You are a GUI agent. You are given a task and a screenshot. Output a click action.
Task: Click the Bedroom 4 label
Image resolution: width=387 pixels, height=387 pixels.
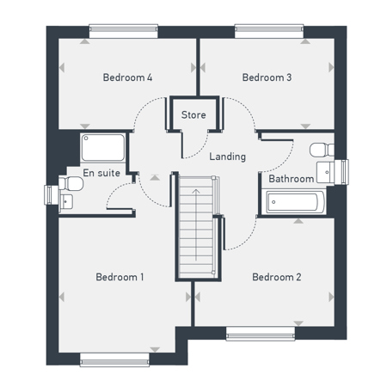[127, 77]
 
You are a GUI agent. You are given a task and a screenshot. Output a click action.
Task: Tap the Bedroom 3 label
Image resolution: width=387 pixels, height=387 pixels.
[267, 77]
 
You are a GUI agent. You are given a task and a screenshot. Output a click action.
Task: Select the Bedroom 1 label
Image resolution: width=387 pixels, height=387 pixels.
[120, 277]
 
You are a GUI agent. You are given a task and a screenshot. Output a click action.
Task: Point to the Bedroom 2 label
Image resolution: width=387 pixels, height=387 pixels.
[277, 277]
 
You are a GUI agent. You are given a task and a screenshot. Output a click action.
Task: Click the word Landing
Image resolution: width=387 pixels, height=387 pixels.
[228, 157]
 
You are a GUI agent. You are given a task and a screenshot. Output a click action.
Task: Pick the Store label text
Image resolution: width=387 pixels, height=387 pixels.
[193, 115]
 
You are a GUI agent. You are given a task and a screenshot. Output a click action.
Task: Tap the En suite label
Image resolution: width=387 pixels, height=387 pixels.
[101, 173]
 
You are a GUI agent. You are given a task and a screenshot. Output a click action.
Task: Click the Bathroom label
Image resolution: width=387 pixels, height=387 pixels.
[292, 179]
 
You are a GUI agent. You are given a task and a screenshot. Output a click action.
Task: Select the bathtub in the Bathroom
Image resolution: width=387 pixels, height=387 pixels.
[295, 202]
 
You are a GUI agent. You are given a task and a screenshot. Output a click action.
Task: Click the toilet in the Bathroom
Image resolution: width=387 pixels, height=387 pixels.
[322, 150]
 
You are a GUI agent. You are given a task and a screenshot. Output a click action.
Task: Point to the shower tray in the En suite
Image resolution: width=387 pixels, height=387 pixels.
[103, 148]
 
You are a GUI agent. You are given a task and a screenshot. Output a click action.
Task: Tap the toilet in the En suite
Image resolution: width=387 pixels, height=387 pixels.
[71, 183]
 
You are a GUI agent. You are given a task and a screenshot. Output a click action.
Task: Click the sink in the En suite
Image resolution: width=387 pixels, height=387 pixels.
[66, 202]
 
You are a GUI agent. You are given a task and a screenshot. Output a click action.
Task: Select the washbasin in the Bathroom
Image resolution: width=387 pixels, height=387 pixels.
[325, 173]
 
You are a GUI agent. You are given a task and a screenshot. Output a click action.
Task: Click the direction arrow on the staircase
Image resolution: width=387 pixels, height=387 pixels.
[196, 224]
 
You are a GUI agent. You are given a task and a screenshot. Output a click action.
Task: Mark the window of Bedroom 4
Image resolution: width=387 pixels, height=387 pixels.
[124, 31]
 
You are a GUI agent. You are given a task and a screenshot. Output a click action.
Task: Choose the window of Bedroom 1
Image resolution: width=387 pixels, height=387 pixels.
[114, 359]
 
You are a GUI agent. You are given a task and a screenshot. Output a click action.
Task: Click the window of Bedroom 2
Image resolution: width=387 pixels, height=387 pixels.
[261, 334]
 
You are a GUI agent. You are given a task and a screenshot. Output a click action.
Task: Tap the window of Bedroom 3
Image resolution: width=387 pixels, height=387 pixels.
[269, 31]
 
